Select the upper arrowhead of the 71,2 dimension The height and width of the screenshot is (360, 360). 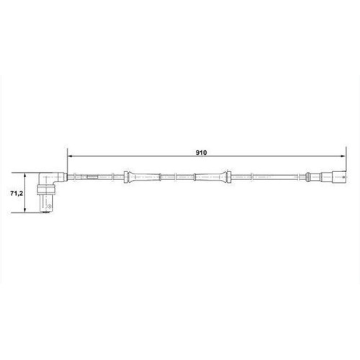tap(27, 174)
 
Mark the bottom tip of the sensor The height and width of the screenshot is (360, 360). tap(47, 212)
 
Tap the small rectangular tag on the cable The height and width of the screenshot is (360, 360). tap(91, 176)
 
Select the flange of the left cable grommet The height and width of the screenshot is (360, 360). tap(127, 176)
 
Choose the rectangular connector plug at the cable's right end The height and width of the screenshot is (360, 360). tap(335, 176)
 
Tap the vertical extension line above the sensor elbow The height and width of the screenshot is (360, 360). tap(66, 161)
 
